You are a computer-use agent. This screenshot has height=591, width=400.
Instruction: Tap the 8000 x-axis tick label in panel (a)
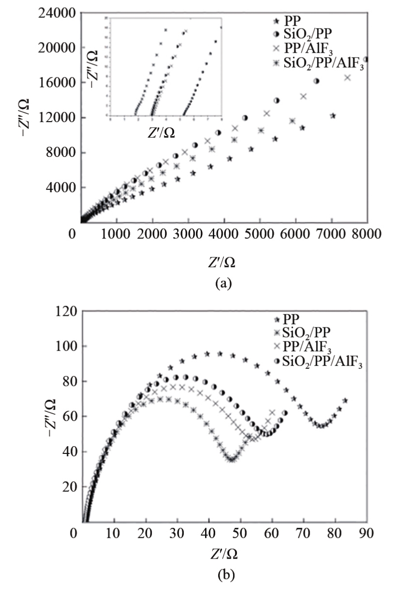click(367, 234)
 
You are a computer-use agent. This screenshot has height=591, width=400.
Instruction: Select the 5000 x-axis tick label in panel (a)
click(259, 234)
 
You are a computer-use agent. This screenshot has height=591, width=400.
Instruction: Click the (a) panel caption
click(223, 283)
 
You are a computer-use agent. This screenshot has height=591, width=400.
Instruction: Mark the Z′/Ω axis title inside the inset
click(161, 133)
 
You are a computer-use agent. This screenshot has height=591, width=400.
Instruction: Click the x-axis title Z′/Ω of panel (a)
click(222, 262)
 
